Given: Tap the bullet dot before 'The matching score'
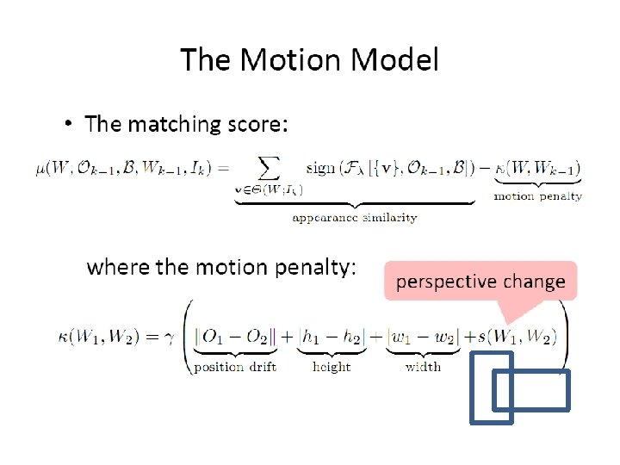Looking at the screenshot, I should pyautogui.click(x=69, y=125).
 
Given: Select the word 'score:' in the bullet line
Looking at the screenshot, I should pyautogui.click(x=255, y=125).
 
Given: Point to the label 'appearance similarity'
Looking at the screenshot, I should pyautogui.click(x=354, y=218).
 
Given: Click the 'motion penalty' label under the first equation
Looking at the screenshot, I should pyautogui.click(x=537, y=196).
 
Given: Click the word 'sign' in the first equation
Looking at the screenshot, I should pyautogui.click(x=320, y=168).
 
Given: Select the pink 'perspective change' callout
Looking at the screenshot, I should pyautogui.click(x=480, y=281).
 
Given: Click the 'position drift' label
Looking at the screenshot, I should pyautogui.click(x=235, y=367).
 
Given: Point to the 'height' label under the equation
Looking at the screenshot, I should pyautogui.click(x=332, y=367).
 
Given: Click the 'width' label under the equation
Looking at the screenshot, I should pyautogui.click(x=423, y=367).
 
